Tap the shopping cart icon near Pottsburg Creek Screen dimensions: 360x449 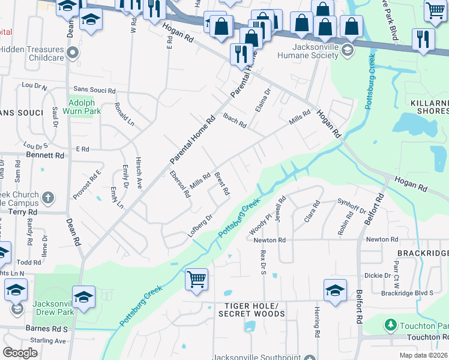click(196, 280)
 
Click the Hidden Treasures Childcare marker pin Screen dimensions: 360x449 click(73, 53)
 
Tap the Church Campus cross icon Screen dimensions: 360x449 click(48, 197)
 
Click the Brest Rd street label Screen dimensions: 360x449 click(222, 184)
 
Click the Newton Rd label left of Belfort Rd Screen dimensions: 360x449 click(270, 240)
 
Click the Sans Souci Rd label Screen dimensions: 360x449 click(94, 89)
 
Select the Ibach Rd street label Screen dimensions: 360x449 click(235, 121)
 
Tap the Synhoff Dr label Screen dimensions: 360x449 click(352, 206)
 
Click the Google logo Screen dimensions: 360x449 click(20, 353)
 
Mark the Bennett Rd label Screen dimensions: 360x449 click(44, 155)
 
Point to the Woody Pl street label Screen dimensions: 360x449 click(258, 224)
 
